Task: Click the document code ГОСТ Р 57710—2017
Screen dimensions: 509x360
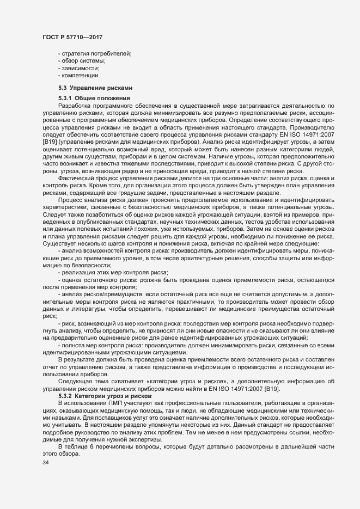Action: click(72, 38)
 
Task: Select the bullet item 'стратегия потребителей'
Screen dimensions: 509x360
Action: click(96, 53)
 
